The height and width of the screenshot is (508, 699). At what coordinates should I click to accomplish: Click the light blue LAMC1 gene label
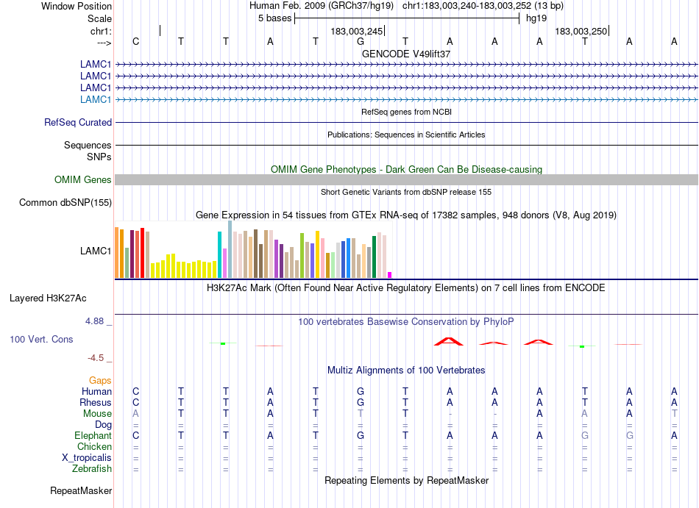pos(96,99)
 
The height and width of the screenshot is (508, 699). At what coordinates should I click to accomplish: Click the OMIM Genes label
pos(83,180)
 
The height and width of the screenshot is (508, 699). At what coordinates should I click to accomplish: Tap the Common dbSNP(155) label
pos(65,203)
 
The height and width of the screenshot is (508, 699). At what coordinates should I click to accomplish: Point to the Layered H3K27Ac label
pos(48,298)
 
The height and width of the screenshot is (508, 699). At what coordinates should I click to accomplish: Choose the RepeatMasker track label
pos(81,490)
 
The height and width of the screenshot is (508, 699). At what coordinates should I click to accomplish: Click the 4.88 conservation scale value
pos(96,321)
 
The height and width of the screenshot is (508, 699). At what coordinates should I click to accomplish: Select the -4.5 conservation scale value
pos(96,358)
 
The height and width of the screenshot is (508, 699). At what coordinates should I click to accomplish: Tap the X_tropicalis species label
pos(87,457)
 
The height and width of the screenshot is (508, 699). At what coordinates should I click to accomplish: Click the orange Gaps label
pos(100,380)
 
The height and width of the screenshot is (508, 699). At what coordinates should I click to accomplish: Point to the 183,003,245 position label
pos(357,32)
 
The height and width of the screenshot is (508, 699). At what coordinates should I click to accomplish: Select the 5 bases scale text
pos(274,18)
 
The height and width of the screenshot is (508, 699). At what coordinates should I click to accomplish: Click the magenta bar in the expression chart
pos(390,275)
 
